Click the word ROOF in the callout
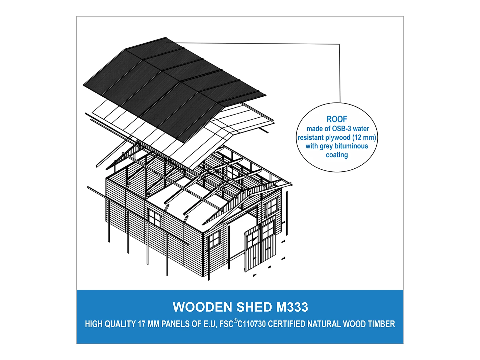336,119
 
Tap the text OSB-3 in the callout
342,129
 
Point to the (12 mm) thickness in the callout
364,138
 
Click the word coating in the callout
337,155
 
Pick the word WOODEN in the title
202,307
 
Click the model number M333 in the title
292,307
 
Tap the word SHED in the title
254,307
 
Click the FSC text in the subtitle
226,324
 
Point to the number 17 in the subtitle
142,324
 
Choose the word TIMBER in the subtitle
381,324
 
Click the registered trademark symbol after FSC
236,320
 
